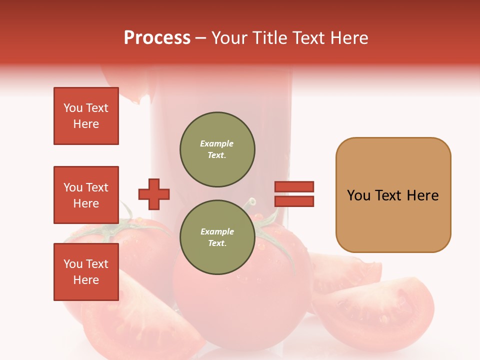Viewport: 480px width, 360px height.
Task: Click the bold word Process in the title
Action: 157,38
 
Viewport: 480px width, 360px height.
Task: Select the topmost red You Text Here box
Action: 86,116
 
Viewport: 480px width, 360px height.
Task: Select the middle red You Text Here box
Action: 86,195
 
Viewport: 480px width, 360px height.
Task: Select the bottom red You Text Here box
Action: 86,271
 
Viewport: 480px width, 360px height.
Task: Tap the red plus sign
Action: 154,194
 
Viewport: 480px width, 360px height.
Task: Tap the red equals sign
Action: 294,194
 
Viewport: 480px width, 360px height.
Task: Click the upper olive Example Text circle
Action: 217,149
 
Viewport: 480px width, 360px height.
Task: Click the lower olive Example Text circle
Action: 217,237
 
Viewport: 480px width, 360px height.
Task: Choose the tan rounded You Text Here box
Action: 393,195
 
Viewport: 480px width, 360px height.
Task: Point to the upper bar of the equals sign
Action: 294,187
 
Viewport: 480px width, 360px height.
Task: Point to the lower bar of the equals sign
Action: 294,201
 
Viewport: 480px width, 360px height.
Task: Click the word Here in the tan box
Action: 422,195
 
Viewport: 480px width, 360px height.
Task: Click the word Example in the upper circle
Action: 217,143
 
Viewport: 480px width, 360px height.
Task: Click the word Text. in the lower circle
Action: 217,243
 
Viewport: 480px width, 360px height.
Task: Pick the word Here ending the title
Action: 349,38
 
